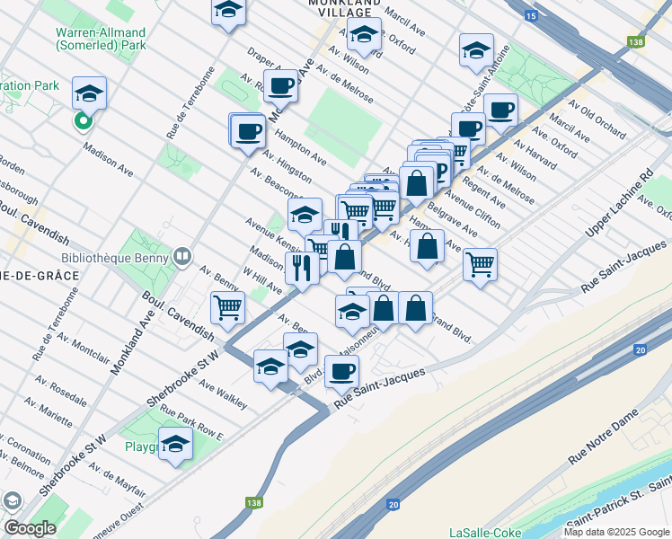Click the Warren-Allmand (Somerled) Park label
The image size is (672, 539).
click(x=101, y=38)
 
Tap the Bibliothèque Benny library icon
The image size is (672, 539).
click(x=183, y=257)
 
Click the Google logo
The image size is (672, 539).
click(x=30, y=528)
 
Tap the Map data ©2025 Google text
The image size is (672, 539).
click(x=616, y=532)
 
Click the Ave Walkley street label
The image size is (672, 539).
click(x=223, y=396)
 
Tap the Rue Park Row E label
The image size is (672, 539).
click(x=190, y=422)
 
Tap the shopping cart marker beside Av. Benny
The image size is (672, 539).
click(x=228, y=307)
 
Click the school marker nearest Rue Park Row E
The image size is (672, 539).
click(x=176, y=444)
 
